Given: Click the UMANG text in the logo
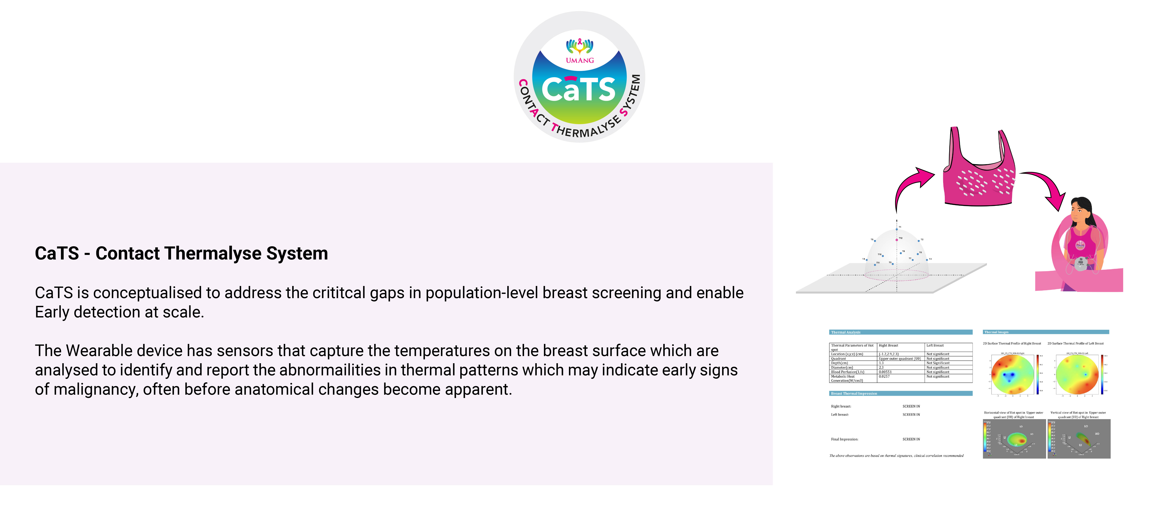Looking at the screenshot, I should coord(580,60).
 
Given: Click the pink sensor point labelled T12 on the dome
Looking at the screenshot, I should coord(897,240).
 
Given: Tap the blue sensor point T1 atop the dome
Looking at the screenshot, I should coord(897,230).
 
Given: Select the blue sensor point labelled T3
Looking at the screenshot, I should coord(927,260).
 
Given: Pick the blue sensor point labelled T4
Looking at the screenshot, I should coord(867,260).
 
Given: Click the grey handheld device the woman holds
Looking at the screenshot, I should coord(1081,263).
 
